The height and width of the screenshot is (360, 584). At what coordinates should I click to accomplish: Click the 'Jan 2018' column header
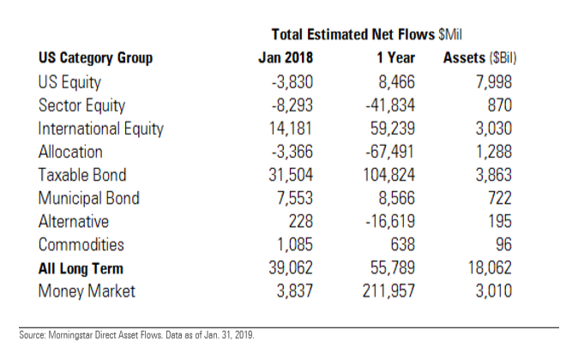[x=286, y=58]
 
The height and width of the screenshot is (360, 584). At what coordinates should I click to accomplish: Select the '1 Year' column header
[x=394, y=58]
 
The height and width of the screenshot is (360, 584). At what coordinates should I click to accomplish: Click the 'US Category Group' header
[x=96, y=58]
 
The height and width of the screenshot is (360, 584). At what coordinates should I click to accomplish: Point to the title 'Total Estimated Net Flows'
[x=353, y=35]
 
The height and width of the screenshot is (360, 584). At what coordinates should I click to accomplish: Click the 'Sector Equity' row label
[x=82, y=105]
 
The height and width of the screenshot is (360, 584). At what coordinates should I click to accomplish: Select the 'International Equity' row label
[x=101, y=129]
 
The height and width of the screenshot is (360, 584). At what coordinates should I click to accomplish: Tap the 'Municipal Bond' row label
[x=89, y=198]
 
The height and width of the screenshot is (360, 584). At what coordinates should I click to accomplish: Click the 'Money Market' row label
[x=86, y=291]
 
